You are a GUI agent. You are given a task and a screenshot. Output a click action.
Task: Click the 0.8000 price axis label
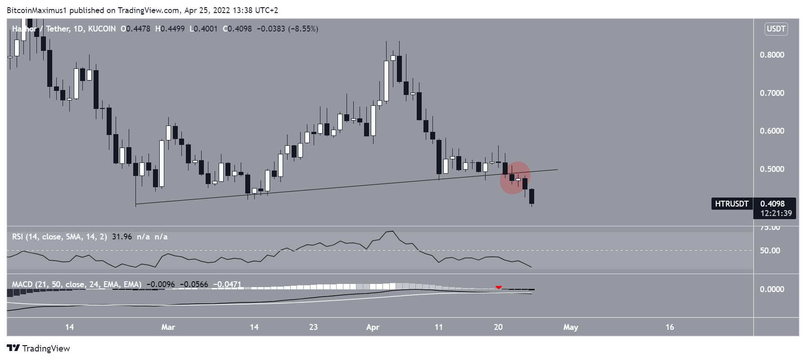pyautogui.click(x=772, y=55)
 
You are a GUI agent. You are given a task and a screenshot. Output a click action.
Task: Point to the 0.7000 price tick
pyautogui.click(x=772, y=93)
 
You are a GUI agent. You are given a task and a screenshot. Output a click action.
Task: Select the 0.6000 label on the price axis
pyautogui.click(x=772, y=131)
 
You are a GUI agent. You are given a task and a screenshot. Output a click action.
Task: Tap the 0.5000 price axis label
pyautogui.click(x=772, y=169)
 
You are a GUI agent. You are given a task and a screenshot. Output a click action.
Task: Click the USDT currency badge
pyautogui.click(x=776, y=29)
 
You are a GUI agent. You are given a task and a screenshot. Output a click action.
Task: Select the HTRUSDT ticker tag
pyautogui.click(x=732, y=204)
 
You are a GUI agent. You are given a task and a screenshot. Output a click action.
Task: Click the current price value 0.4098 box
pyautogui.click(x=773, y=204)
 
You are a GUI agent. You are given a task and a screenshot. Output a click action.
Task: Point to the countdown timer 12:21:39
pyautogui.click(x=776, y=213)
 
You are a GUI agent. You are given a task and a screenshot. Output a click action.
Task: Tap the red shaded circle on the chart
pyautogui.click(x=515, y=178)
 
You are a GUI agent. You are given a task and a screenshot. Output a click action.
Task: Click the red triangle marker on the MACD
pyautogui.click(x=499, y=287)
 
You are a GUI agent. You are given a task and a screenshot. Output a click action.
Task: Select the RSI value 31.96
pyautogui.click(x=122, y=237)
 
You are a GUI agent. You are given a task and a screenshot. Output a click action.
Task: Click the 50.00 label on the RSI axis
pyautogui.click(x=770, y=251)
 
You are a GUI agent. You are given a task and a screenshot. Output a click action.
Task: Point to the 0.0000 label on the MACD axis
pyautogui.click(x=772, y=289)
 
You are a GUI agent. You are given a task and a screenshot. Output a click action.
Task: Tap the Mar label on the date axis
pyautogui.click(x=168, y=327)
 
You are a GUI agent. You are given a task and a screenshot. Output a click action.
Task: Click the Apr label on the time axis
pyautogui.click(x=373, y=327)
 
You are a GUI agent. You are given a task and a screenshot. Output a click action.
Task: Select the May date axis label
pyautogui.click(x=571, y=327)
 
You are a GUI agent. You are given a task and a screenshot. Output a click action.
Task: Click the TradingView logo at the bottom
pyautogui.click(x=39, y=348)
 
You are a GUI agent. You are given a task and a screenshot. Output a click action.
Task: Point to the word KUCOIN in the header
pyautogui.click(x=102, y=29)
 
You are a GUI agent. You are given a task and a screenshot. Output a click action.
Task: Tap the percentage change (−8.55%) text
pyautogui.click(x=303, y=29)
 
